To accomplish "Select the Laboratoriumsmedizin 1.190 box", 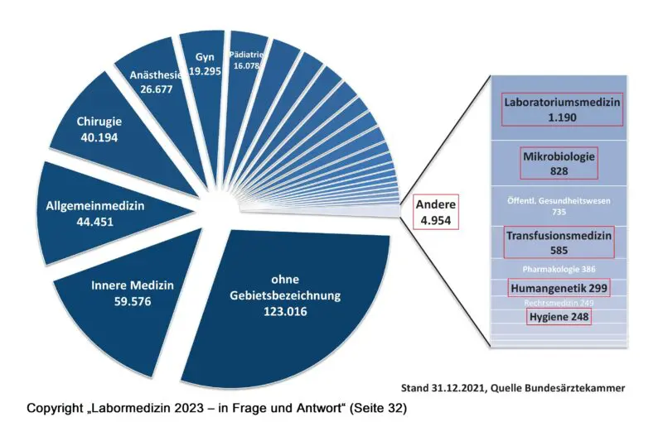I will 562,109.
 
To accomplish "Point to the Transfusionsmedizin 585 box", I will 559,242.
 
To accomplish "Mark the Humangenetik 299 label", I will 559,288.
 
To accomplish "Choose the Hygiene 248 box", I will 557,316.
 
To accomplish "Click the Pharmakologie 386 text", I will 559,269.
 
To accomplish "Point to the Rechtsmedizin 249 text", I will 559,302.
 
